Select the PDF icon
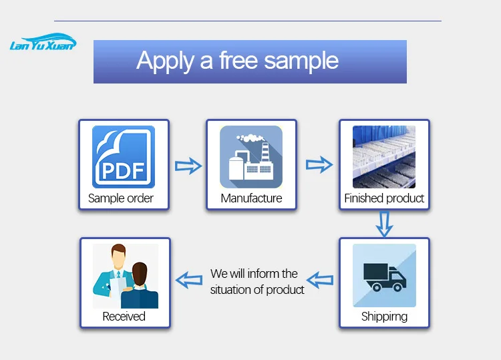pos(124,157)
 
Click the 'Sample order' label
pos(121,198)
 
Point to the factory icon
pos(251,157)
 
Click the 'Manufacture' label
pos(251,198)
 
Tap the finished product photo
pos(384,157)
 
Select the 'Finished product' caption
pos(384,198)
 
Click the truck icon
pos(384,275)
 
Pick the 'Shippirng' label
pos(384,317)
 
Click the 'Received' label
pos(124,317)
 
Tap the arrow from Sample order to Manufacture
pos(188,166)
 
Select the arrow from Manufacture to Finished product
pos(319,164)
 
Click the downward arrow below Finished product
pos(383,224)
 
